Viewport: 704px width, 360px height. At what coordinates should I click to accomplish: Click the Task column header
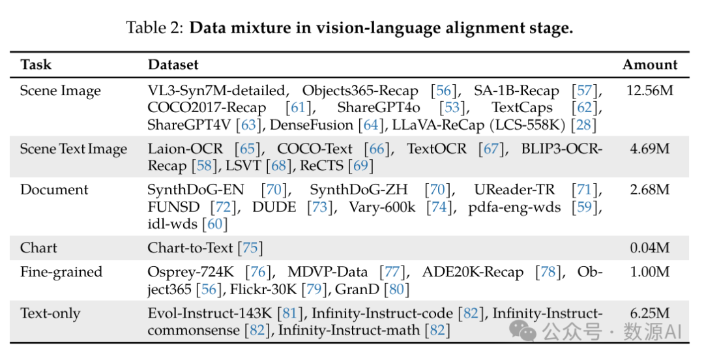(36, 65)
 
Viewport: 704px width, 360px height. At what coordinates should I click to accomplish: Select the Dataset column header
(173, 65)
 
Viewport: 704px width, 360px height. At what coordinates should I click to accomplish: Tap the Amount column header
(650, 65)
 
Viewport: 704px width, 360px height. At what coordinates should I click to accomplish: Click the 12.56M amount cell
(649, 91)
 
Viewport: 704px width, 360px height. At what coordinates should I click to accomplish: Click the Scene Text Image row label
(74, 149)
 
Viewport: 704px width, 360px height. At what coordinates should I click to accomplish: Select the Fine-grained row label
(61, 272)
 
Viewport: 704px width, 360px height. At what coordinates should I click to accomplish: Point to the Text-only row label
(50, 314)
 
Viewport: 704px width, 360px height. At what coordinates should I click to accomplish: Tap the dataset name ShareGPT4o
(379, 107)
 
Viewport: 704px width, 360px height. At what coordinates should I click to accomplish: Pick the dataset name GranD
(358, 289)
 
